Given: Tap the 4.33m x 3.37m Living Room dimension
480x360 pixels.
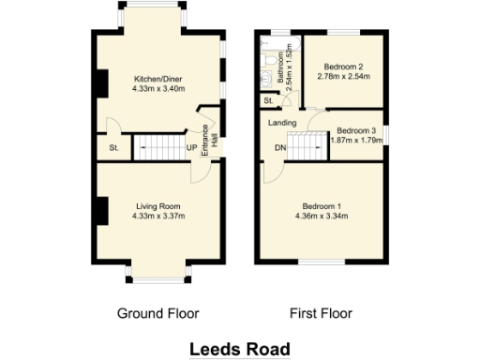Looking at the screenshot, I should (158, 216).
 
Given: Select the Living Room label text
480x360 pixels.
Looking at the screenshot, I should (158, 205).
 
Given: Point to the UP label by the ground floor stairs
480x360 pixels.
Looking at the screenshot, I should (191, 148).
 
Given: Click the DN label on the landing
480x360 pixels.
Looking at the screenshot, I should (278, 148).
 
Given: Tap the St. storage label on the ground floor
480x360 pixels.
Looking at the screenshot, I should (114, 148).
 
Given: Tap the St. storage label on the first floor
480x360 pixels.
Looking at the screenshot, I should (268, 100).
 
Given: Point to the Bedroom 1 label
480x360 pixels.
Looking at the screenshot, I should (322, 205).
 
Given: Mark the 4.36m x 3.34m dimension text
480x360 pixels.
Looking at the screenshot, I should (322, 216).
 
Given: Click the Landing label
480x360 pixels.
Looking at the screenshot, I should (282, 123).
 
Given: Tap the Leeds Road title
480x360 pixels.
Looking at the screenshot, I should (240, 348).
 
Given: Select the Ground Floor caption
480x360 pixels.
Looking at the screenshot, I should (157, 312).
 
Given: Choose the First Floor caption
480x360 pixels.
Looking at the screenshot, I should (322, 312).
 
